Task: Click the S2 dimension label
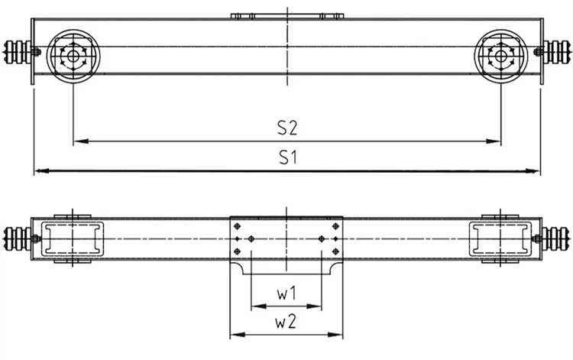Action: (x=286, y=128)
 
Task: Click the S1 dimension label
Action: (x=288, y=157)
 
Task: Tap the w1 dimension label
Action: (x=286, y=294)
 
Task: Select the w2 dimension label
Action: (x=286, y=322)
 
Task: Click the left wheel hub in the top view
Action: (x=73, y=57)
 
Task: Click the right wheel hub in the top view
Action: (x=500, y=57)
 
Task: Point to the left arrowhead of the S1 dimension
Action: (x=42, y=170)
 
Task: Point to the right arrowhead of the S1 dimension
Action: (x=533, y=170)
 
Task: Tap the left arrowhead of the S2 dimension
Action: (x=81, y=141)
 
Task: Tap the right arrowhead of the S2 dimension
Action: (x=493, y=141)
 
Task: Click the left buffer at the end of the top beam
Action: (x=18, y=52)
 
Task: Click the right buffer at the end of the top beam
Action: (x=556, y=52)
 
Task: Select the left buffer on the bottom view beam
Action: (x=18, y=238)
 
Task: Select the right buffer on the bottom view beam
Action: (x=555, y=238)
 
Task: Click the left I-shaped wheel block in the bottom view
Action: (x=73, y=238)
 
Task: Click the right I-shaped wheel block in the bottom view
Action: (x=500, y=238)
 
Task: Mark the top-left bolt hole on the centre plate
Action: (x=237, y=226)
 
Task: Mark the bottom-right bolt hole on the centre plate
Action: (x=336, y=251)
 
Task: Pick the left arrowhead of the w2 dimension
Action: (x=238, y=335)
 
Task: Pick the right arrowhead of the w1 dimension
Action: (x=314, y=306)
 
